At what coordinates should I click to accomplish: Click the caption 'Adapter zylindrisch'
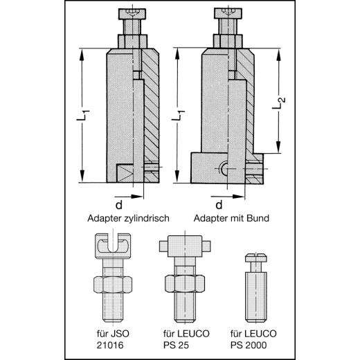[128, 218]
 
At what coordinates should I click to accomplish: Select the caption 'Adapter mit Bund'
[231, 218]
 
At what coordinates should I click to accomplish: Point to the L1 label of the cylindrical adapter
[83, 115]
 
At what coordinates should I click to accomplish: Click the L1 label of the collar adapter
[178, 115]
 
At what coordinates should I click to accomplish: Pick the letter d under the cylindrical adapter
[118, 205]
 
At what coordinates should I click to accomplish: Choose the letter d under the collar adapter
[219, 204]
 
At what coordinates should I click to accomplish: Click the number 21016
[110, 345]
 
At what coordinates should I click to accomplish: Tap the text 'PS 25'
[176, 345]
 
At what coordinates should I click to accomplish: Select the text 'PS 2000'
[249, 345]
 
